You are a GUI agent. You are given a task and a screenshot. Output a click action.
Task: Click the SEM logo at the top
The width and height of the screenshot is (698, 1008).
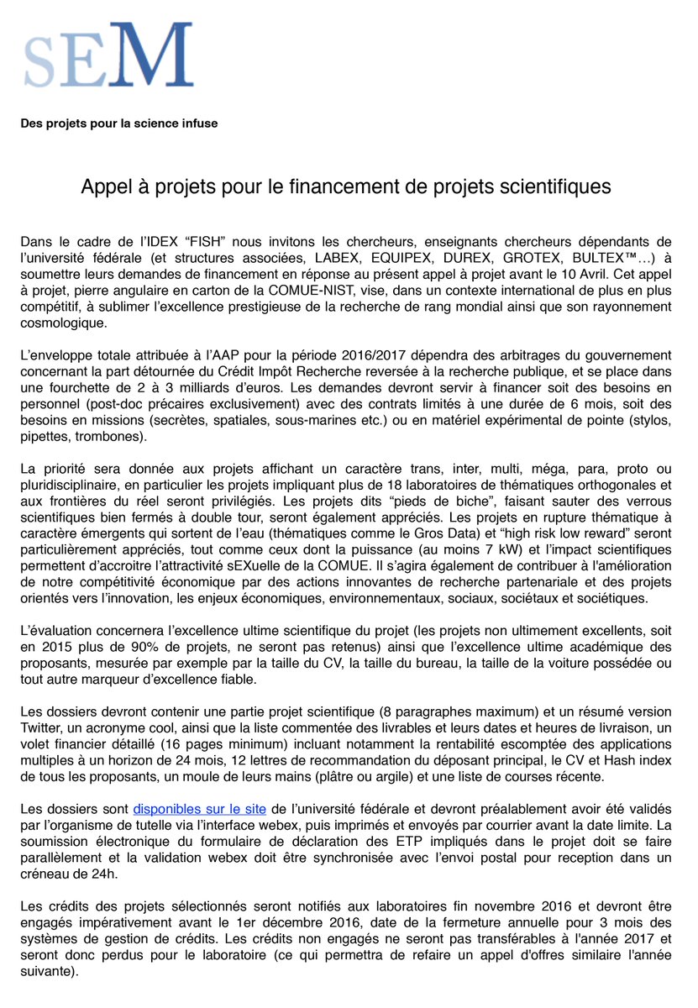pos(108,56)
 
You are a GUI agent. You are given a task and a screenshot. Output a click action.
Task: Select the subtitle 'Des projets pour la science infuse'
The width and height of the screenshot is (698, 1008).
pos(119,123)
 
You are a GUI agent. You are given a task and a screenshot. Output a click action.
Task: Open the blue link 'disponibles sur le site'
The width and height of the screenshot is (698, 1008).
pos(200,809)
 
